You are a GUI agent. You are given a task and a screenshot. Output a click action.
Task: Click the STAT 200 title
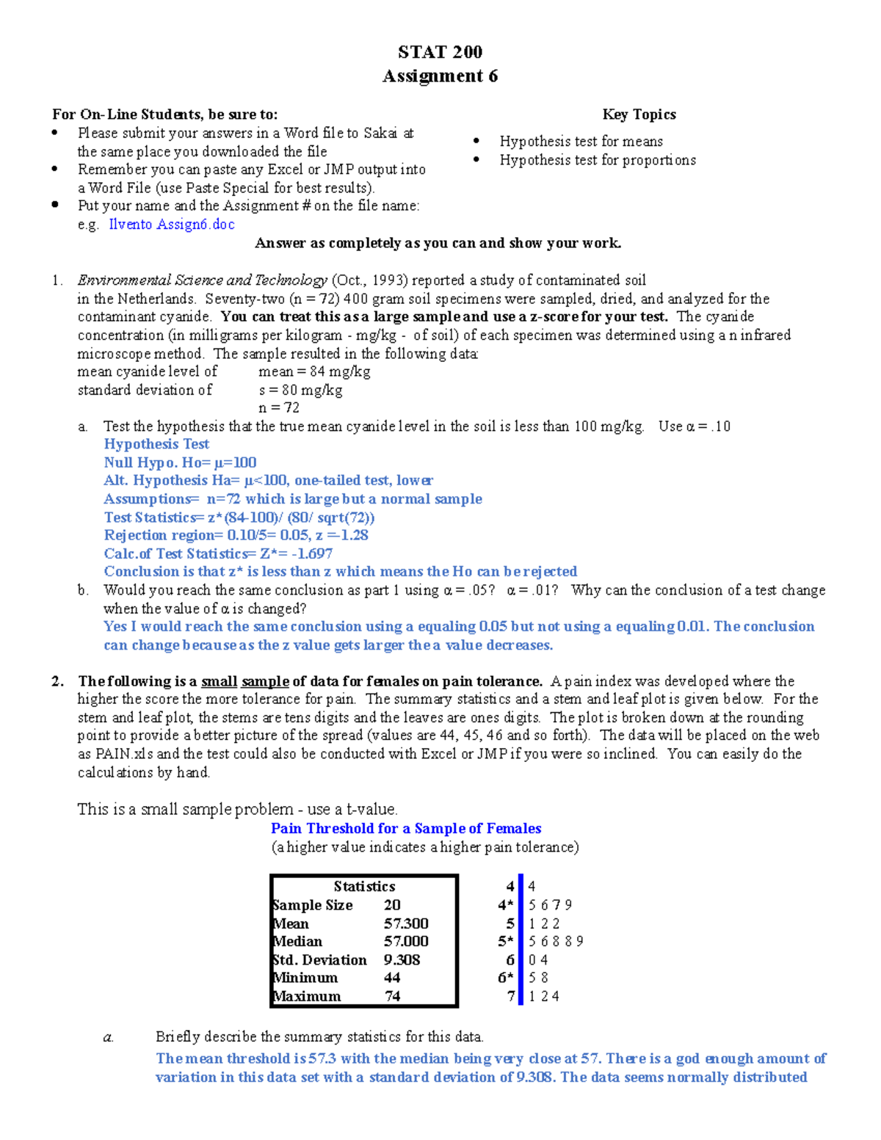click(440, 52)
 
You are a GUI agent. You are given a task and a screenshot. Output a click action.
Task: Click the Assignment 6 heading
click(440, 76)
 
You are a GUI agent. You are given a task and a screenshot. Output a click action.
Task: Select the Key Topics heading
click(639, 115)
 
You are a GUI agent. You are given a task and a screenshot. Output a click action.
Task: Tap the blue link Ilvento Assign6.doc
click(172, 225)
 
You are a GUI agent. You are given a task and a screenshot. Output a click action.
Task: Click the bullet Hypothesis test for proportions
click(598, 160)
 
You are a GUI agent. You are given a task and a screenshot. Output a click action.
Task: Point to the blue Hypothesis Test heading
click(156, 444)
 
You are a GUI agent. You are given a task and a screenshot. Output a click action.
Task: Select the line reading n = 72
click(279, 408)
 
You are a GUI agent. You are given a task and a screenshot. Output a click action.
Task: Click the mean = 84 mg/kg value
click(314, 371)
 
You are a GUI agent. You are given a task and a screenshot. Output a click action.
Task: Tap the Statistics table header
click(364, 887)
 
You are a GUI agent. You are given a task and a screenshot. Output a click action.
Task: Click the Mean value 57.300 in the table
click(406, 923)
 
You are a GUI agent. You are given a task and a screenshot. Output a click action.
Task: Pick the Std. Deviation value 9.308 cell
click(402, 960)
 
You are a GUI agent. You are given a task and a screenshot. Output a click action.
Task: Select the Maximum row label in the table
click(307, 996)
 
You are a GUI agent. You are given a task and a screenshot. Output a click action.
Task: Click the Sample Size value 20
click(392, 905)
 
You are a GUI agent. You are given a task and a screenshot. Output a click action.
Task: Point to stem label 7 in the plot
click(511, 996)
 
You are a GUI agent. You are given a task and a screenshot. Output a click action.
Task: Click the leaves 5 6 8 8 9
click(555, 942)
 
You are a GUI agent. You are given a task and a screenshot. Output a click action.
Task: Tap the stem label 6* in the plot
click(506, 978)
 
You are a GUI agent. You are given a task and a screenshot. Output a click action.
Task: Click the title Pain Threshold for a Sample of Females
click(406, 829)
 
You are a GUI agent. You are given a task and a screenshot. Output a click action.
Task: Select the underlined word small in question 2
click(219, 681)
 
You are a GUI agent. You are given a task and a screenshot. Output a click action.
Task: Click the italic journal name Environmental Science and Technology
click(202, 280)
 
